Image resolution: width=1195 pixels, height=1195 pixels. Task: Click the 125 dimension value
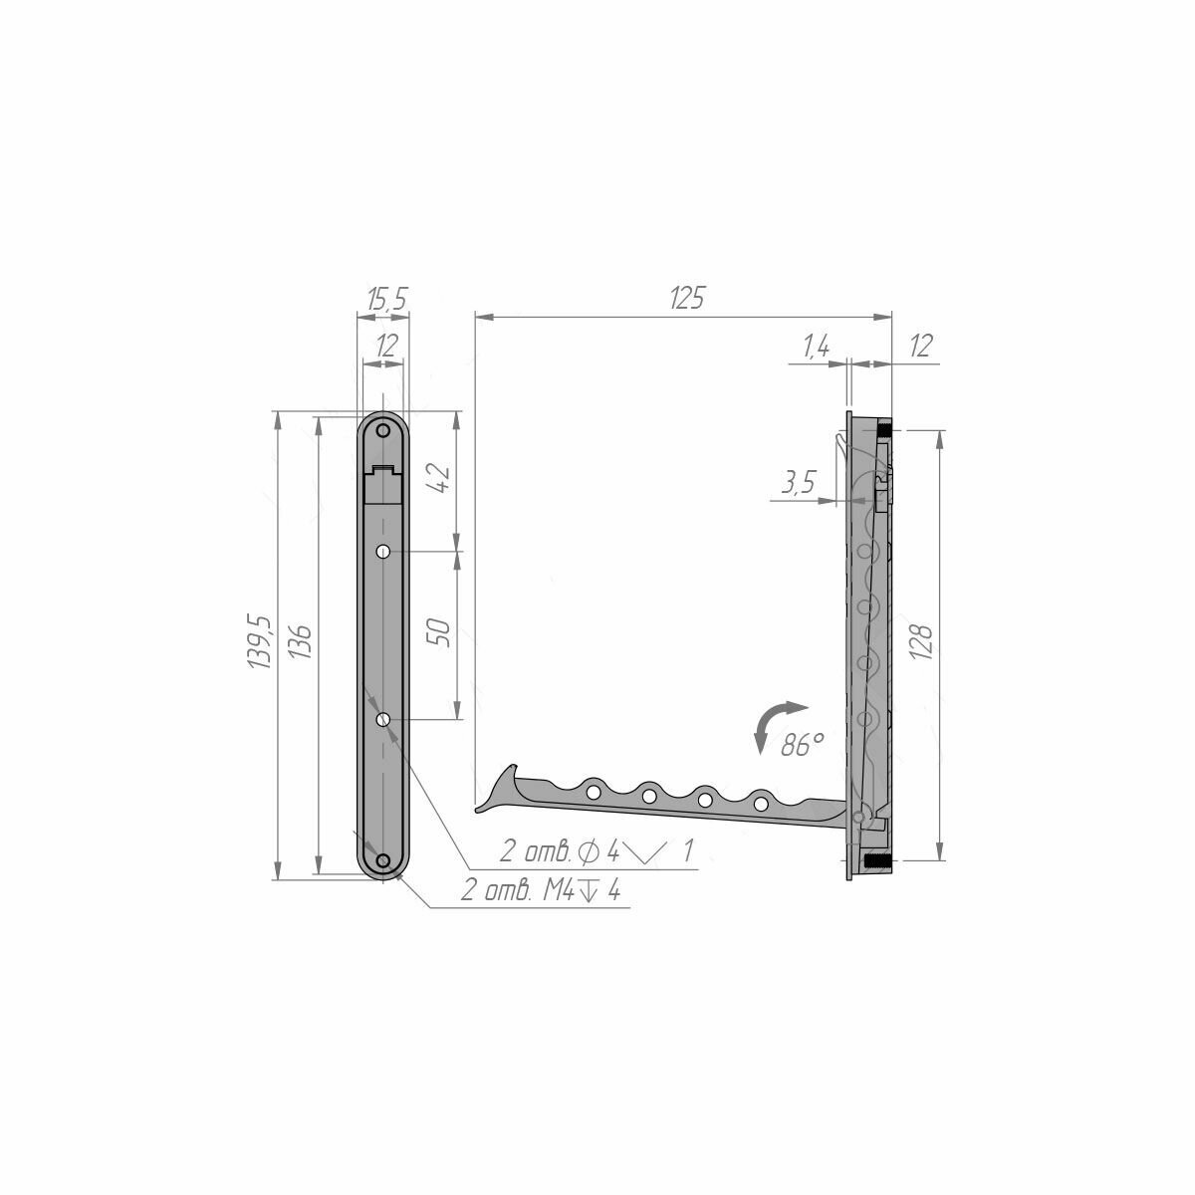(686, 299)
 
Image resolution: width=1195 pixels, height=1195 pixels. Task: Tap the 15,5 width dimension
(386, 299)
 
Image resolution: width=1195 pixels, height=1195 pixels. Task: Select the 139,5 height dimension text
(260, 642)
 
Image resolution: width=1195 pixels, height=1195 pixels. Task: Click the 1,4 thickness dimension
(816, 346)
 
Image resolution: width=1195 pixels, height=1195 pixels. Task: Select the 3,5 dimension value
(799, 482)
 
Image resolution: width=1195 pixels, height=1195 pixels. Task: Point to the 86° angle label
(802, 745)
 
